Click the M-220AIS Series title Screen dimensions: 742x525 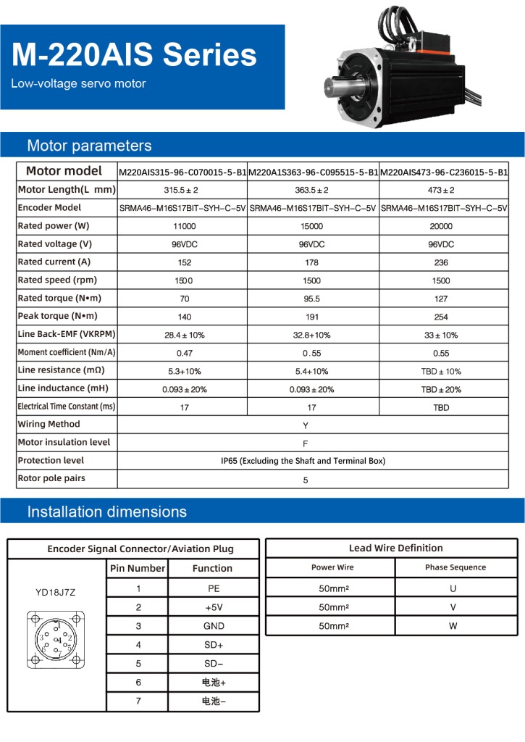click(135, 56)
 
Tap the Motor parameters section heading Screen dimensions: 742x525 click(89, 146)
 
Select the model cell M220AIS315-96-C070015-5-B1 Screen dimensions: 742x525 click(182, 172)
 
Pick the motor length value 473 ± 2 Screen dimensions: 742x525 click(441, 190)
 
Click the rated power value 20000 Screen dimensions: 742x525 click(441, 226)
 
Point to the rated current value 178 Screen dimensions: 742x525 click(311, 262)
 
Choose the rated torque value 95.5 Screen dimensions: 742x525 click(311, 299)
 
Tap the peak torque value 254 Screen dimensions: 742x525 click(441, 317)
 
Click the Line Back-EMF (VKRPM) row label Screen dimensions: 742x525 click(67, 334)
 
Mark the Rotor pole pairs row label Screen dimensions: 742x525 click(51, 478)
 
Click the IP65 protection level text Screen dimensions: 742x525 click(303, 461)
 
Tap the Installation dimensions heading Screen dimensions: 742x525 click(106, 512)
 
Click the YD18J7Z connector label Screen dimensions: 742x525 click(55, 592)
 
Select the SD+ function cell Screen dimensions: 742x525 click(213, 644)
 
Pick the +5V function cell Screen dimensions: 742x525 click(213, 607)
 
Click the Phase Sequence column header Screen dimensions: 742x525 click(455, 567)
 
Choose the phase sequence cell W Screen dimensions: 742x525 click(453, 626)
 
